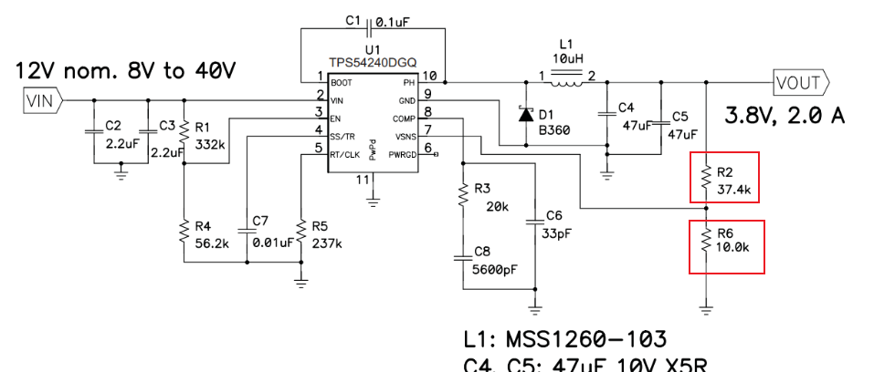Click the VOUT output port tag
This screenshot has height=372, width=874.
800,82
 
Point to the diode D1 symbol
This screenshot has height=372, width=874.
525,115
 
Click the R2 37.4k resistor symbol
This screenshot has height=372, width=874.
705,178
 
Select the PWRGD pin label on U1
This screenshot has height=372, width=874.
401,155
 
